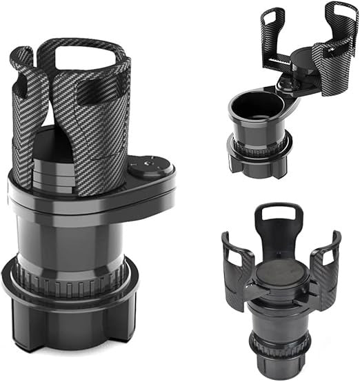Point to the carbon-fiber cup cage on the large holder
coord(103,117)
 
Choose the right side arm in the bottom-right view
coord(324,265)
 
